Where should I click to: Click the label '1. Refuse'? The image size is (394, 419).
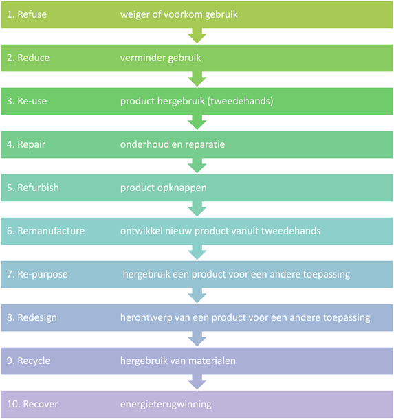pyautogui.click(x=27, y=14)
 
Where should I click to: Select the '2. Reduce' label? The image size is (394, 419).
pyautogui.click(x=28, y=58)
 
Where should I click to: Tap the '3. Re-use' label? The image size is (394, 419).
pyautogui.click(x=27, y=101)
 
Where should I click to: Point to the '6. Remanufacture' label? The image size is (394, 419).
pyautogui.click(x=46, y=231)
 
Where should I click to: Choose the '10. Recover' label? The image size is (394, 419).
pyautogui.click(x=32, y=404)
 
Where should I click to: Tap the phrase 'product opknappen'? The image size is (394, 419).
pyautogui.click(x=164, y=188)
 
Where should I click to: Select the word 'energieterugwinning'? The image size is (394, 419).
pyautogui.click(x=166, y=405)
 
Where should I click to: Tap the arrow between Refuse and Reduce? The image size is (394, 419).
pyautogui.click(x=197, y=36)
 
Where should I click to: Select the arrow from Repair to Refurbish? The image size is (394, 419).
pyautogui.click(x=197, y=166)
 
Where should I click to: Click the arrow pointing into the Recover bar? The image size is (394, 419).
pyautogui.click(x=197, y=382)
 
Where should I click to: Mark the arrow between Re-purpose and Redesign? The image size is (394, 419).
pyautogui.click(x=197, y=295)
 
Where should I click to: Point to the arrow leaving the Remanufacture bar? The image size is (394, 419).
pyautogui.click(x=197, y=252)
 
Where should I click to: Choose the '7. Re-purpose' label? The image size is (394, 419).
pyautogui.click(x=37, y=275)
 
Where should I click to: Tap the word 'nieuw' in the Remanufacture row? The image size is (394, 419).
pyautogui.click(x=178, y=231)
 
